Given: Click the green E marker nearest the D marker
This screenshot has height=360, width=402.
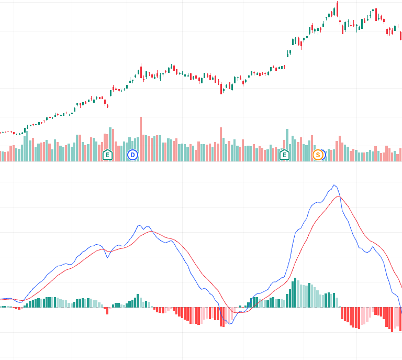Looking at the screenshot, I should [x=107, y=155].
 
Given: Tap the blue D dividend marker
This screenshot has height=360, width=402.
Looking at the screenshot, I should [x=132, y=155].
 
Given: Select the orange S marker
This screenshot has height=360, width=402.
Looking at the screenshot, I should [x=317, y=155].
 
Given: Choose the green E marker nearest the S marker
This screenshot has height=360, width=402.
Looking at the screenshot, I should [x=284, y=155].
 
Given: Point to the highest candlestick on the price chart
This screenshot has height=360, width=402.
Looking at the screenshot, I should [x=337, y=8].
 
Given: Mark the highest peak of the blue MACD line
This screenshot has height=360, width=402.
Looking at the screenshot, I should [x=334, y=185].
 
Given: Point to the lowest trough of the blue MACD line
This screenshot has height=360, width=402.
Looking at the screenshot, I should [x=230, y=324].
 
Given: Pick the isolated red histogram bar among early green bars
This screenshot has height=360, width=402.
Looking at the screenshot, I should [x=107, y=310].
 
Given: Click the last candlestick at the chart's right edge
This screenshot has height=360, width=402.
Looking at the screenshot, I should [x=400, y=36].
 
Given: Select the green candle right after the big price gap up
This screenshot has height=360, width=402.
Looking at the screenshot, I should [x=288, y=53].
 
